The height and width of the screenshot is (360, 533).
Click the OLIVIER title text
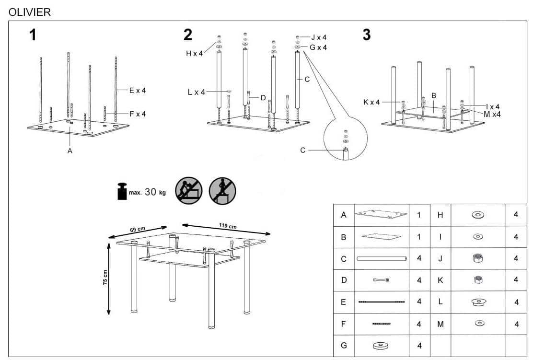point(30,12)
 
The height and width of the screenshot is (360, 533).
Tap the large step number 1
point(33,35)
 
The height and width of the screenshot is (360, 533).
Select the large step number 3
point(367,35)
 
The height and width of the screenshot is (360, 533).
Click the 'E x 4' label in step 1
point(137,90)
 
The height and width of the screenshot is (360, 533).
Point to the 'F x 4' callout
point(137,114)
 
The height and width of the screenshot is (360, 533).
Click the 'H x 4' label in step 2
point(194,54)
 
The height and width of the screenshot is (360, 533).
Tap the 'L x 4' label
point(196,92)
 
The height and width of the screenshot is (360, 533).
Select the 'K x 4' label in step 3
point(371,102)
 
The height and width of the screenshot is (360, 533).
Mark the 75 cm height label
point(105,278)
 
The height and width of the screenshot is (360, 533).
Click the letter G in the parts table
point(343,345)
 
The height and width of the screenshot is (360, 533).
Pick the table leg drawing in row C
point(382,259)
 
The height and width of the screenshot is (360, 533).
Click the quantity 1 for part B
point(418,237)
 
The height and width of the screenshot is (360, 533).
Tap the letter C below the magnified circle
point(302,150)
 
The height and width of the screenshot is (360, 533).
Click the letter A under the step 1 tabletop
point(70,151)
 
